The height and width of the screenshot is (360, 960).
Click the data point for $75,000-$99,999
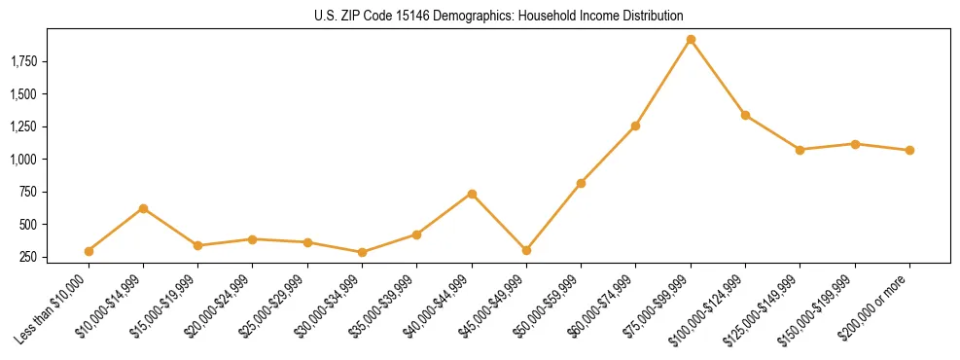click(691, 40)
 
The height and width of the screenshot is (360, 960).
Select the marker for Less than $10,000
click(89, 251)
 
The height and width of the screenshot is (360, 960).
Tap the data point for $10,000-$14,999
click(143, 208)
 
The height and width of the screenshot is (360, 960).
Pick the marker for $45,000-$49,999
click(526, 250)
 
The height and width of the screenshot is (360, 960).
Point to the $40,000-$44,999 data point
click(472, 194)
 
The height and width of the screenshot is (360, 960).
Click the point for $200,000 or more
click(909, 150)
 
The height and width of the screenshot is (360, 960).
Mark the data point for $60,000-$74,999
click(635, 126)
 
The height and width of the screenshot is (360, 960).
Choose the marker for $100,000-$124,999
click(745, 115)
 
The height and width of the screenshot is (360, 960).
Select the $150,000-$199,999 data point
click(855, 144)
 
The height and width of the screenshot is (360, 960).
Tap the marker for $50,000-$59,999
click(581, 183)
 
